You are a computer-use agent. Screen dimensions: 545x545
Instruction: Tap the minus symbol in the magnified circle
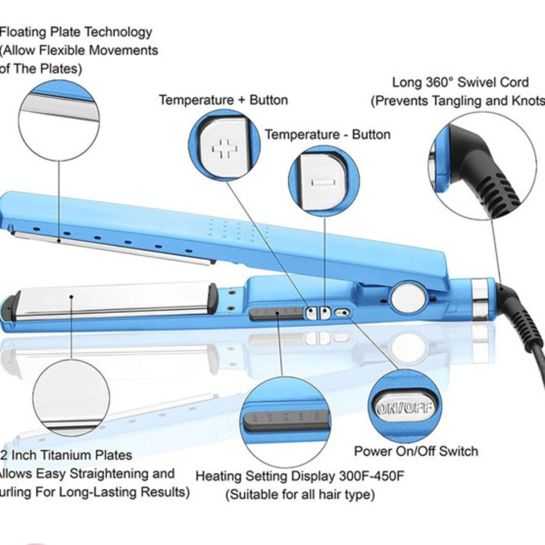[x=322, y=181]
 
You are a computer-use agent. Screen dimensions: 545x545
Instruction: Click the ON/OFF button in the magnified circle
[x=404, y=408]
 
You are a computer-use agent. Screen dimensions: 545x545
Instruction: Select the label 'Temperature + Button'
[x=223, y=100]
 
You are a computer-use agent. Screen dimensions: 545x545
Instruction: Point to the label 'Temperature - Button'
[x=328, y=135]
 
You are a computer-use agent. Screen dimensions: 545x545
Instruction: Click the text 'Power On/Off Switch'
[x=416, y=451]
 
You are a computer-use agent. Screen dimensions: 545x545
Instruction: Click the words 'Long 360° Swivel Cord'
[x=461, y=82]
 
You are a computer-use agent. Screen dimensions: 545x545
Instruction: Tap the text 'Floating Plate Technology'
[x=76, y=32]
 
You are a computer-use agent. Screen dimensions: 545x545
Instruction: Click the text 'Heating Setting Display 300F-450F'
[x=300, y=476]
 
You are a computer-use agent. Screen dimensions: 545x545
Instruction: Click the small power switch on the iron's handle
[x=342, y=313]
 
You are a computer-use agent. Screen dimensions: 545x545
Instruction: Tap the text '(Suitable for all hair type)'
[x=300, y=495]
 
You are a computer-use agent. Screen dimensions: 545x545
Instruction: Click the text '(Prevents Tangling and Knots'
[x=458, y=101]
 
